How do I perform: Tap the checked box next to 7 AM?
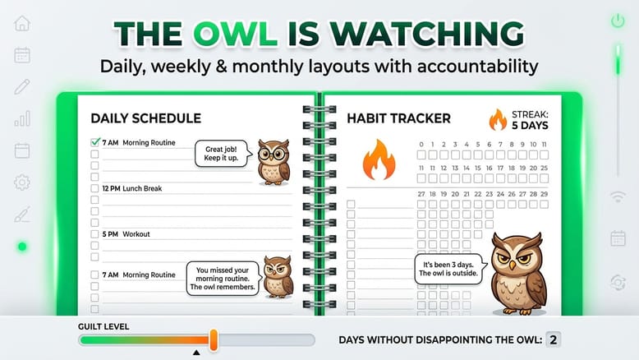pos(94,143)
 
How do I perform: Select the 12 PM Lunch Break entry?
pos(132,188)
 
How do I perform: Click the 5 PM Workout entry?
pos(126,234)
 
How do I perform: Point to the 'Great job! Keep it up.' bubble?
pos(221,153)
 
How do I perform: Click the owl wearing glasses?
pos(273,160)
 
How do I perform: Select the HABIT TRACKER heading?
pos(398,118)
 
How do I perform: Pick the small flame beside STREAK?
pos(498,120)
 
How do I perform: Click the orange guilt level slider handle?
pos(214,339)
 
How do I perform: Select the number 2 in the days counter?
pos(554,339)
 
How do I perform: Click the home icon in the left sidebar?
pos(22,23)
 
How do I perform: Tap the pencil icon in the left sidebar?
pos(22,86)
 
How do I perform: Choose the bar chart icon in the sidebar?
pos(22,118)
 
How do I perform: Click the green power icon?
pos(618,21)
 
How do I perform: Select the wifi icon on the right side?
pos(618,196)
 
